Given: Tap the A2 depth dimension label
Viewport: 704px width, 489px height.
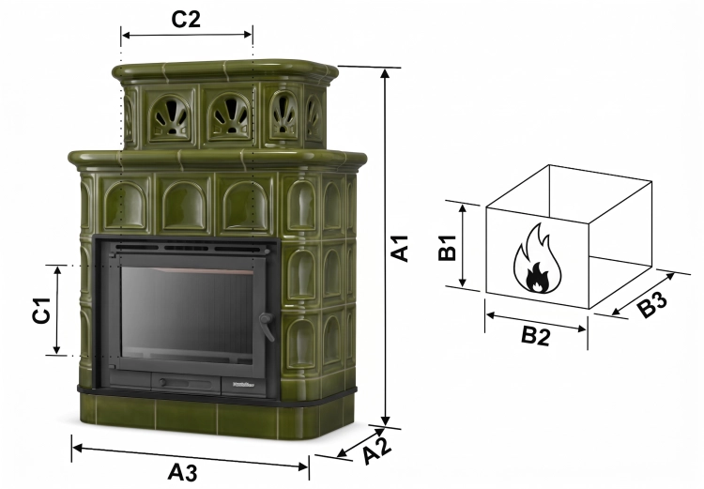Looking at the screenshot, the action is point(377,449).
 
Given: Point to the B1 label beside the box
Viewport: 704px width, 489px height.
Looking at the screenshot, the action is point(447,248).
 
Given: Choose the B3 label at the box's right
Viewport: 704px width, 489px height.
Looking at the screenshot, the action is point(652,304).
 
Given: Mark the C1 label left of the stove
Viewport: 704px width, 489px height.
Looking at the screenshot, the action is point(41,310).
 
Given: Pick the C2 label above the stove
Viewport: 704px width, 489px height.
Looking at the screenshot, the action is point(186,19).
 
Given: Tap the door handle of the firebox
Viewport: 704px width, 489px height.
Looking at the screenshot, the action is point(268,326).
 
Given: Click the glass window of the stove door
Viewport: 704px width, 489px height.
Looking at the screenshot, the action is point(187,315).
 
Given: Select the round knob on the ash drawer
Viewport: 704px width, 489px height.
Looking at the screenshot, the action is point(162,383).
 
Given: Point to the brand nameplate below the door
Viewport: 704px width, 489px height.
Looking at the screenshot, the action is point(243,384).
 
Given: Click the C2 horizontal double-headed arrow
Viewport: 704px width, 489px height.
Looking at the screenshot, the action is point(187,35).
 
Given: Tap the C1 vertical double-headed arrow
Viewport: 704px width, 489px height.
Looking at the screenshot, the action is point(57,310).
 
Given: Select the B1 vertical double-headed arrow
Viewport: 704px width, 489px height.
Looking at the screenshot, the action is point(463,245).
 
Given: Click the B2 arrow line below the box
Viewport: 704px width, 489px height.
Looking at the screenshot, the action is point(536,322).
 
